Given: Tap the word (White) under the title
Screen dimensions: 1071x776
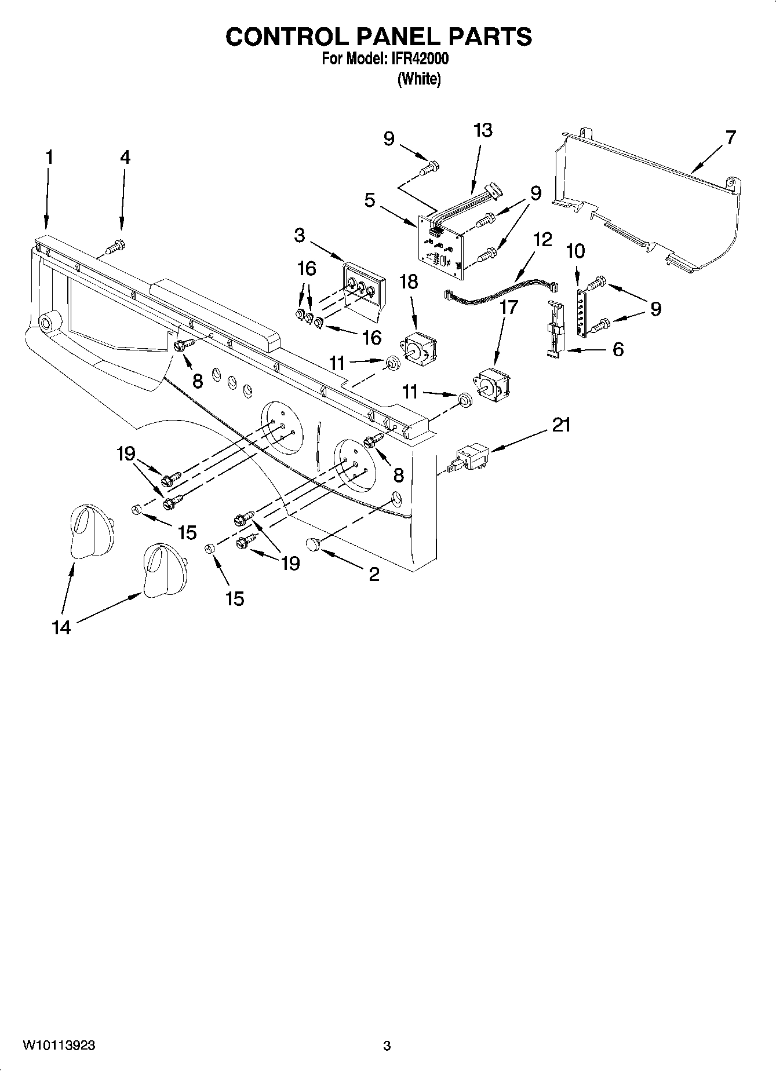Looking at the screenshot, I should (x=418, y=79).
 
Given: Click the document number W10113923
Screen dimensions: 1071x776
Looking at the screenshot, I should (x=59, y=1046).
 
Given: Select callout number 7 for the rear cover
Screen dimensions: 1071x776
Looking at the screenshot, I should (x=730, y=138).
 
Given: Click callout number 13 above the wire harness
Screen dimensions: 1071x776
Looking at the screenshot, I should (x=482, y=130).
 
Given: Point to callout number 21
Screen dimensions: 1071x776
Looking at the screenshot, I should (x=560, y=425).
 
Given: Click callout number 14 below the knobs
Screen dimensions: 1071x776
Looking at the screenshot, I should (x=61, y=627).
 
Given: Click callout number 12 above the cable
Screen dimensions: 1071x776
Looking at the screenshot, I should (x=542, y=239).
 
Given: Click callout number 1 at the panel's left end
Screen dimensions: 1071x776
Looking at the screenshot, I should (x=49, y=157).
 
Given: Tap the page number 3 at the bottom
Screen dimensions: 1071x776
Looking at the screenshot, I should (x=387, y=1046).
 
